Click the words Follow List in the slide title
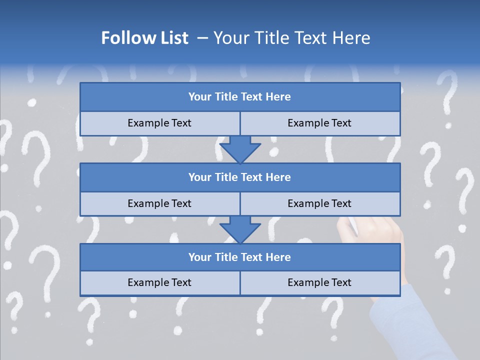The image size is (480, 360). (145, 38)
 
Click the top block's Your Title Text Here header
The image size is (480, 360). (239, 97)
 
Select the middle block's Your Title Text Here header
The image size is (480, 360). (239, 177)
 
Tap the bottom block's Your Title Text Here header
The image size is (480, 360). (239, 257)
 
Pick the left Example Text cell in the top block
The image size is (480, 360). (159, 123)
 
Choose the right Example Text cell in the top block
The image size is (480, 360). (319, 123)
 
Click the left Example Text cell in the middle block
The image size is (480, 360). (159, 203)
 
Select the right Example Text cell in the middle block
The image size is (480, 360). (319, 203)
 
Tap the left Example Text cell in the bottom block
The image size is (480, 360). (159, 282)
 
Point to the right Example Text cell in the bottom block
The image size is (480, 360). (319, 282)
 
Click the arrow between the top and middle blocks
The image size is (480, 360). (240, 150)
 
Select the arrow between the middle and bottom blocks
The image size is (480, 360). (240, 229)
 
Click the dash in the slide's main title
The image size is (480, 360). (203, 38)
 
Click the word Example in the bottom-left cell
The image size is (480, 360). (148, 282)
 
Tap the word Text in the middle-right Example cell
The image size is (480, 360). (341, 203)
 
